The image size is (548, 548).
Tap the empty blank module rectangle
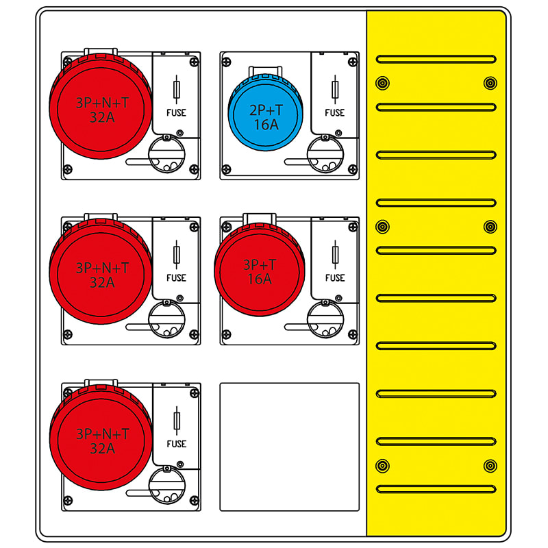[289, 447]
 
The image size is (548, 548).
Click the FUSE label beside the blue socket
[335, 113]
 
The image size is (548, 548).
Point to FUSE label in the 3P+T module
[335, 278]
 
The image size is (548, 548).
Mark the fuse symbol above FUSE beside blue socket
[335, 90]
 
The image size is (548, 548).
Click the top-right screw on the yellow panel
[490, 84]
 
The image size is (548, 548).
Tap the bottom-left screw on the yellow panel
[382, 466]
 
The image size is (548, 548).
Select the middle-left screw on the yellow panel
[382, 227]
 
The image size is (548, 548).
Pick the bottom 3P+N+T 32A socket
[101, 440]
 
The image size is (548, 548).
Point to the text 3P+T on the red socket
[260, 265]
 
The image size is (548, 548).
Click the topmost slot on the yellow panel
[436, 59]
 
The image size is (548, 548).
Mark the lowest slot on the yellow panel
[436, 489]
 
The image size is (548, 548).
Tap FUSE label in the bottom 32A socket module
[176, 444]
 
